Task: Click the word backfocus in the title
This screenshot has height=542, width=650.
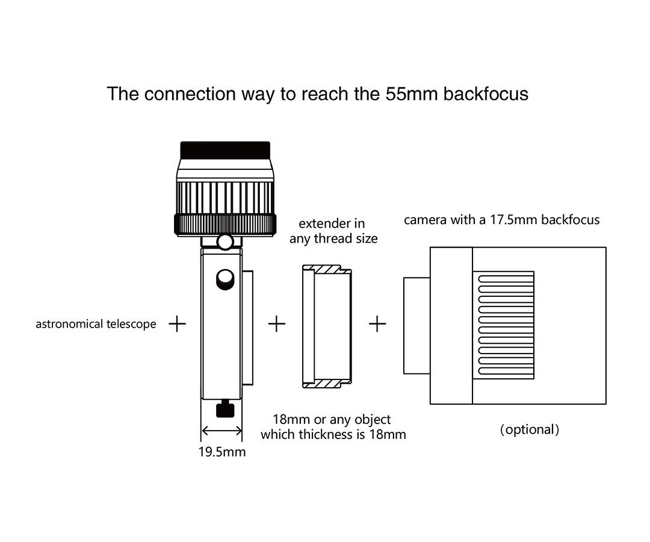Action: point(486,94)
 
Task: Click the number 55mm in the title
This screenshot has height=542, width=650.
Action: point(412,94)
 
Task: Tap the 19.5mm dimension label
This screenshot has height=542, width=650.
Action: point(222,452)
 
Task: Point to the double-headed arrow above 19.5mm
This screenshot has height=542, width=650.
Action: point(221,431)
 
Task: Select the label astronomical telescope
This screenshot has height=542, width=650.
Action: point(96,324)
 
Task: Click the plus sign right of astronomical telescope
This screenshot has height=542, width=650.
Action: point(178,323)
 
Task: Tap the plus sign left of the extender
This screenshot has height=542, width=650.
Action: point(277,323)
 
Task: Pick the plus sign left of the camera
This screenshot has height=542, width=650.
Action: point(377,323)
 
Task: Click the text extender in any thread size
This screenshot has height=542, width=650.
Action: point(333,231)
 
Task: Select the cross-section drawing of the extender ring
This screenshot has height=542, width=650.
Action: point(327,326)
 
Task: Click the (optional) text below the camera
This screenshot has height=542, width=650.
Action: point(530,429)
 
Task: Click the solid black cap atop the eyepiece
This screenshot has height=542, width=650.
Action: point(225,149)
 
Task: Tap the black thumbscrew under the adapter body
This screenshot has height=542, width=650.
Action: point(225,409)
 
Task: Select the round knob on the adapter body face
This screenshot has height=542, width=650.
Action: point(225,279)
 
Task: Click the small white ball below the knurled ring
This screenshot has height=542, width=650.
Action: point(225,242)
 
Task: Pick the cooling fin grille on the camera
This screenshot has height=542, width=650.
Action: point(506,325)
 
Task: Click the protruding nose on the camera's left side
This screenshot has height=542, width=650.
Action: point(417,326)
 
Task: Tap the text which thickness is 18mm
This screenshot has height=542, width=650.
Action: point(333,434)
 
